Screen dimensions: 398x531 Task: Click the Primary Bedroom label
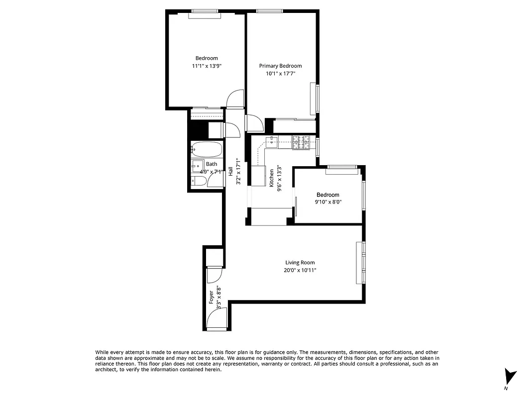280,66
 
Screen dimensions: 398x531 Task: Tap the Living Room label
300,263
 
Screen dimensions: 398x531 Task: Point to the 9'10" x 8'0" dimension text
327,202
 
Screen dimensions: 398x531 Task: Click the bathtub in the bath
206,149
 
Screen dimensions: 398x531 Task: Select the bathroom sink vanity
197,166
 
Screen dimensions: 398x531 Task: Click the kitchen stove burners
301,142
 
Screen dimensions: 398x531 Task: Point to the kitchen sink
273,141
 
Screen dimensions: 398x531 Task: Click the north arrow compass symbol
510,377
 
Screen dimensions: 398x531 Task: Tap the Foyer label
211,297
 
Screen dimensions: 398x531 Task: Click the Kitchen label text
272,178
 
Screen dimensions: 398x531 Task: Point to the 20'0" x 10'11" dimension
300,270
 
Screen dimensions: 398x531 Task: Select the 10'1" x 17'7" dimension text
280,73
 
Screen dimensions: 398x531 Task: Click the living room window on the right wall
364,262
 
